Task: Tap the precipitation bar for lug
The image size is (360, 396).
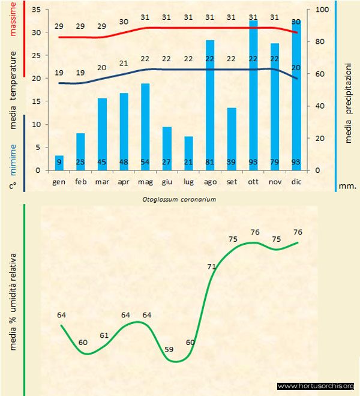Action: click(188, 153)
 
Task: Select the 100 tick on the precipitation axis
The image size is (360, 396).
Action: click(321, 10)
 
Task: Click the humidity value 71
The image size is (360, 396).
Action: click(211, 266)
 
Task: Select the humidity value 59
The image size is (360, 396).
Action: click(169, 349)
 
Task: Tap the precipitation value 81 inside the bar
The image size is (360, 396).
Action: click(210, 161)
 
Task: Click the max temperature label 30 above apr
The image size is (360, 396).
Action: click(124, 22)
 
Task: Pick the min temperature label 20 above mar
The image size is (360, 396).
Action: click(102, 68)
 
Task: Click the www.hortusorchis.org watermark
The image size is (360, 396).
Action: click(316, 386)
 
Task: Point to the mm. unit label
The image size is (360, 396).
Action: click(347, 186)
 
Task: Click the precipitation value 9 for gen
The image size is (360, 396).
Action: click(59, 161)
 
